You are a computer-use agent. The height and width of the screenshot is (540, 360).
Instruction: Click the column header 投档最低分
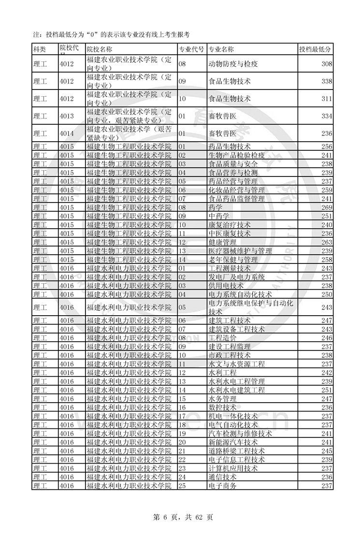[x=315, y=49]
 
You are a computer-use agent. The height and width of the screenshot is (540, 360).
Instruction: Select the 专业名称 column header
[x=221, y=49]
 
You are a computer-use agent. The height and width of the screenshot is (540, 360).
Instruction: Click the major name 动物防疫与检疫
[x=233, y=64]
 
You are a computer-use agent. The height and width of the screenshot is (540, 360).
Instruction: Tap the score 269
[x=327, y=207]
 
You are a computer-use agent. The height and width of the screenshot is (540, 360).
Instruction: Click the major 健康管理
[x=222, y=242]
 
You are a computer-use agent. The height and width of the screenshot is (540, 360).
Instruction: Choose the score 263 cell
[x=327, y=242]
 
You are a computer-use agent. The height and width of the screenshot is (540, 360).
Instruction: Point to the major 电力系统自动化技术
[x=240, y=294]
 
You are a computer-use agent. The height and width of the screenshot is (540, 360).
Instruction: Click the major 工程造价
[x=222, y=338]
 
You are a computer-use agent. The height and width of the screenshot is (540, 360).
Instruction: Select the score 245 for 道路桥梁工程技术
[x=327, y=451]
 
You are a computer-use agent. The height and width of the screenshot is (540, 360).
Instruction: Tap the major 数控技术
[x=222, y=408]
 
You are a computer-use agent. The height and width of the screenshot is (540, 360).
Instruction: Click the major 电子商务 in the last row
[x=222, y=486]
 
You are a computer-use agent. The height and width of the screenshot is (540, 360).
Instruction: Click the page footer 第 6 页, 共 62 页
[x=180, y=517]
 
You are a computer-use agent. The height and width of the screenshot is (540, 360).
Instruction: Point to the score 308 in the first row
[x=327, y=64]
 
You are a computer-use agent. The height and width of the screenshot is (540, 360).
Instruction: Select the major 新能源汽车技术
[x=233, y=442]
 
